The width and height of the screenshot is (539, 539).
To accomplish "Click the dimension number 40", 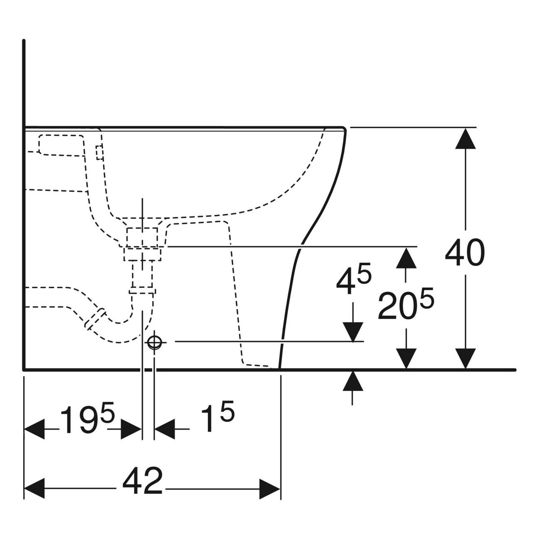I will pyautogui.click(x=464, y=253).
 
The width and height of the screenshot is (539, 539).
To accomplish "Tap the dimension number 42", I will pyautogui.click(x=142, y=481).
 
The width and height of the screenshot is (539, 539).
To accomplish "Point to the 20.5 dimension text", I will pyautogui.click(x=405, y=305).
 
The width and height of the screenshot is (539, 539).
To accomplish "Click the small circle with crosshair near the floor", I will pyautogui.click(x=154, y=342).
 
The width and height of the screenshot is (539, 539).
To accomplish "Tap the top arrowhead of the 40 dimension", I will pyautogui.click(x=466, y=138).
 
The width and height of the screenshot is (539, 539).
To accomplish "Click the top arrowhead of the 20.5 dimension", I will pyautogui.click(x=406, y=257).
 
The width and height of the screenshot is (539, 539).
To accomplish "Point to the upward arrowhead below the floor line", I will pyautogui.click(x=353, y=381).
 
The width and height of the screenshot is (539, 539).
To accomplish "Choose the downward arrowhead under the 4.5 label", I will pyautogui.click(x=353, y=332).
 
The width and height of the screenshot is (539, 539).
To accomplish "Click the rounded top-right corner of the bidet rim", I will pyautogui.click(x=342, y=129).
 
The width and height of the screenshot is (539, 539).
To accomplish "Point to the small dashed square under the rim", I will pyautogui.click(x=100, y=153).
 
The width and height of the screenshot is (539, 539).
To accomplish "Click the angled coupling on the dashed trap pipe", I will pyautogui.click(x=95, y=318).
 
